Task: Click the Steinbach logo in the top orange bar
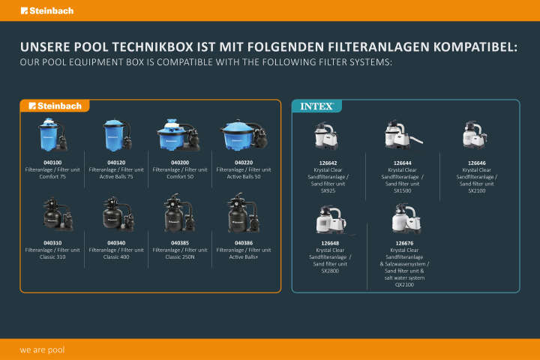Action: [47, 10]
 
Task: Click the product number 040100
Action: [52, 162]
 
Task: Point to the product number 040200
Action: [180, 162]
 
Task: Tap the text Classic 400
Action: [116, 256]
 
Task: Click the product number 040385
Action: [180, 243]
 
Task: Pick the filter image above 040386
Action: [243, 214]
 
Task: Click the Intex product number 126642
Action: [328, 162]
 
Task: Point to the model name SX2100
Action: [477, 190]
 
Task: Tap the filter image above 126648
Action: [330, 219]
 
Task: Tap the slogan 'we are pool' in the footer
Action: [42, 349]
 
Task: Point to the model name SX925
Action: [328, 190]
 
